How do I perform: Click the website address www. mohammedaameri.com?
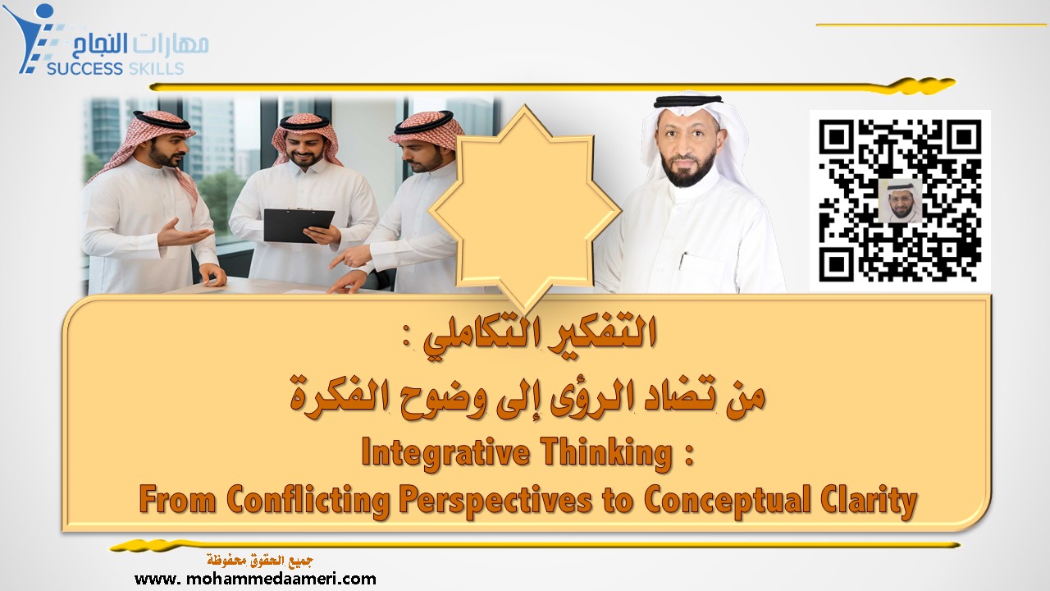[255, 579]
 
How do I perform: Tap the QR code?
[900, 200]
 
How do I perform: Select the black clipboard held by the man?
[298, 224]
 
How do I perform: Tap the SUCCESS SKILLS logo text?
[115, 69]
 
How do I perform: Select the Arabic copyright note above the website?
[255, 561]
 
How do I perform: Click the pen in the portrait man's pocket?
[682, 260]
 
